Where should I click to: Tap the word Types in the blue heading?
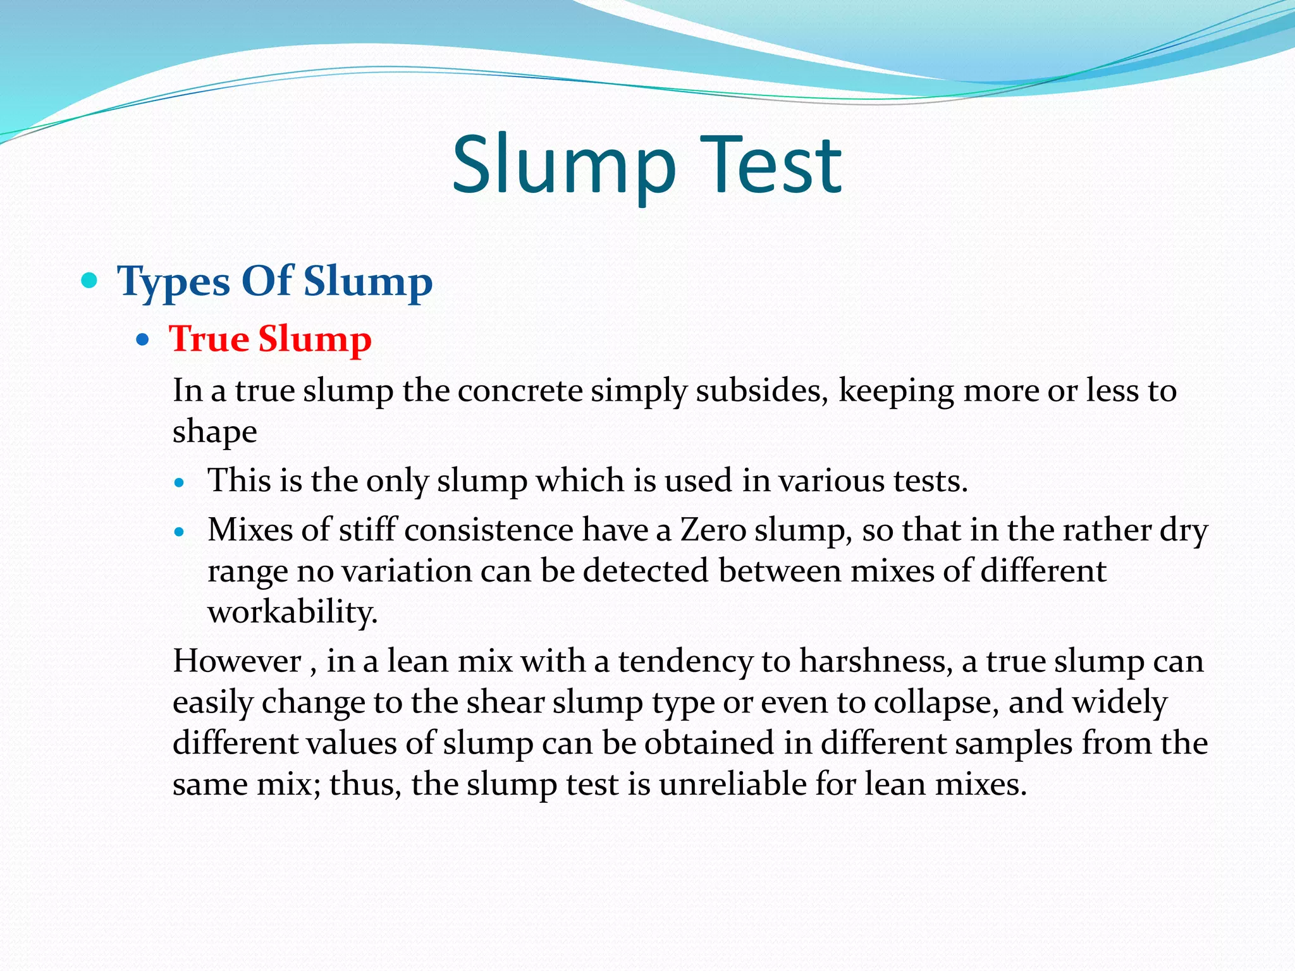coord(173,281)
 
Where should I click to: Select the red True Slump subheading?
coord(270,339)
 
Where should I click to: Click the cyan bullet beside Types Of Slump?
coord(90,280)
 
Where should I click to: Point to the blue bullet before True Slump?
coord(143,340)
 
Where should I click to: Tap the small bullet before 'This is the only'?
coord(180,484)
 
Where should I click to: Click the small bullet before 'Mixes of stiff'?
coord(180,532)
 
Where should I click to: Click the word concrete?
coord(520,391)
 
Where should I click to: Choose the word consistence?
coord(488,530)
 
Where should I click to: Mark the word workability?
coord(293,612)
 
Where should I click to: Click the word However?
coord(237,661)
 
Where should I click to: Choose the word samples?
coord(1014,743)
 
